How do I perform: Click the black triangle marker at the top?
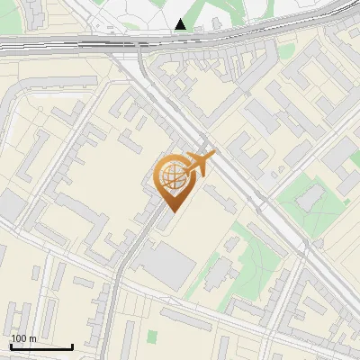pos(182,24)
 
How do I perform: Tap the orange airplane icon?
pos(200,163)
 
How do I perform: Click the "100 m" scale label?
pos(23,338)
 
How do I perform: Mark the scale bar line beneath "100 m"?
pos(40,346)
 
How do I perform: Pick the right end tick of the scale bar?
pos(72,345)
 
